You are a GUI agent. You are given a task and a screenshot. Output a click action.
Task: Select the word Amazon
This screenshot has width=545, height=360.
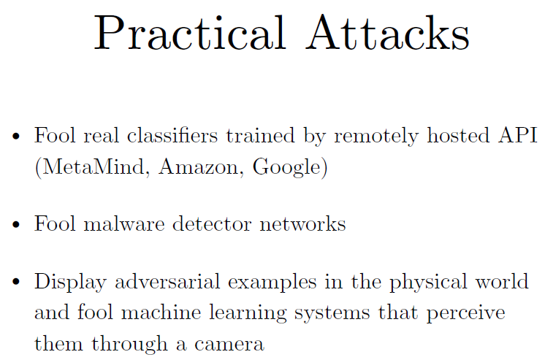[x=199, y=167]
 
